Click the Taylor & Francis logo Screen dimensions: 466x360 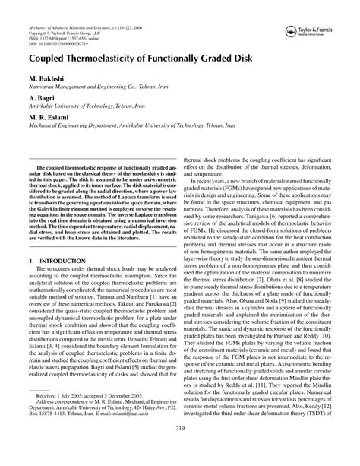tap(314, 33)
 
